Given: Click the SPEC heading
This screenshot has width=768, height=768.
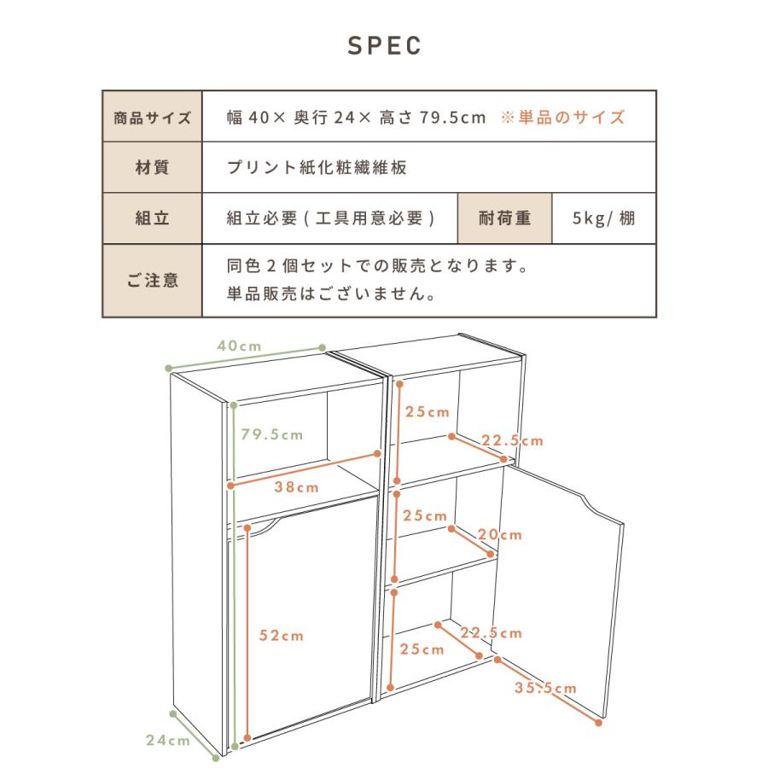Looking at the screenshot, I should click(384, 45).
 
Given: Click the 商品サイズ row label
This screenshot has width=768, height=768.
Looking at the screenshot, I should click(152, 117).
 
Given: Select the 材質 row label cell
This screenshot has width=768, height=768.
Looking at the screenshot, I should click(152, 167).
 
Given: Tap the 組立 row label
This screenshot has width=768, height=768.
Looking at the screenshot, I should click(152, 218).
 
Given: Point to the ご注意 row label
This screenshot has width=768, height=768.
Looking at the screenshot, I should click(152, 280).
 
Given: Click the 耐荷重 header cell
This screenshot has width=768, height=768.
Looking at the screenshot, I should click(506, 218).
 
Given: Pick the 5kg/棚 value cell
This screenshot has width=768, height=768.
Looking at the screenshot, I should click(604, 218).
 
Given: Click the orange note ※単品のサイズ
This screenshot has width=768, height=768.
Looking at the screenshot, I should click(563, 117).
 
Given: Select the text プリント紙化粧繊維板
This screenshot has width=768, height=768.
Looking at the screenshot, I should click(317, 167).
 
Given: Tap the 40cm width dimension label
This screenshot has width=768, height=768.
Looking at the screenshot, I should click(239, 346).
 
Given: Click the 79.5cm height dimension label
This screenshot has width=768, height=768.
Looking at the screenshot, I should click(271, 435).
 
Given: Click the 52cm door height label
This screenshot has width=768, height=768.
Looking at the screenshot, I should click(282, 636).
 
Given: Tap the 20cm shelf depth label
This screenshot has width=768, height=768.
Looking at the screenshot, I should click(500, 535).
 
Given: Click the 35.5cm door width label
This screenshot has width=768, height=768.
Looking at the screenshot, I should click(546, 689).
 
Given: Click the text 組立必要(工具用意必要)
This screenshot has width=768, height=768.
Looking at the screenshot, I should click(331, 218).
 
